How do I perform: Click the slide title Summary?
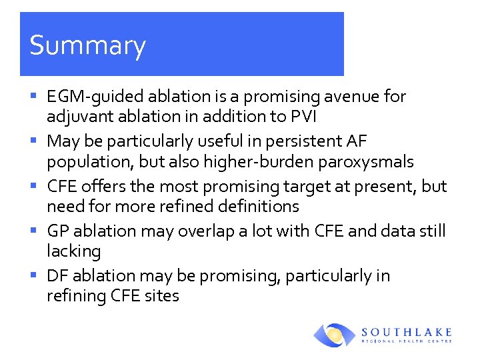tap(87, 45)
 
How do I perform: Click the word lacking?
tap(73, 251)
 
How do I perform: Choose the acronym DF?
tap(57, 276)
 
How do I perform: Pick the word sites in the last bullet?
tap(162, 296)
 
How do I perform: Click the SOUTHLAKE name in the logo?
tap(407, 331)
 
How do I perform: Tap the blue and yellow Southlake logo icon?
tap(335, 335)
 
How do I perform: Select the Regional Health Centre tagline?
tap(407, 341)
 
